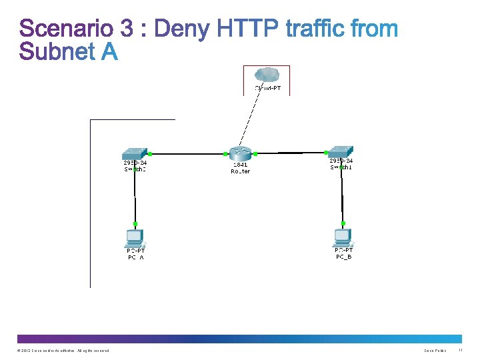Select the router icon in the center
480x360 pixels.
[x=240, y=153]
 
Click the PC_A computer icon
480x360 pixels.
[x=135, y=237]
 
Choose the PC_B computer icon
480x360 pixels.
[x=343, y=237]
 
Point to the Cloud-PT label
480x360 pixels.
[x=268, y=88]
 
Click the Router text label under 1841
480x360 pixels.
[x=240, y=171]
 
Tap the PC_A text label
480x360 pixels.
[x=136, y=257]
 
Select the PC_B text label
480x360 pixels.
[x=344, y=257]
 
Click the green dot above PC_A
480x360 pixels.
[x=135, y=223]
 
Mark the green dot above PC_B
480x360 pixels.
[x=343, y=223]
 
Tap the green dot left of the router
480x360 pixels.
[x=223, y=154]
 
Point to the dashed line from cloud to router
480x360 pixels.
[x=249, y=120]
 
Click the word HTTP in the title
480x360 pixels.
[x=248, y=29]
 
